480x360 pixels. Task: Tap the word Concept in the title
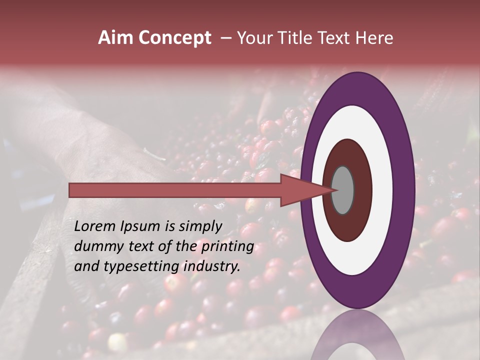pos(175,38)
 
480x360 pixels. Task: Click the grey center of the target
pos(342,190)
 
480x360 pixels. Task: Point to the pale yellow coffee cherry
pos(118,342)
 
